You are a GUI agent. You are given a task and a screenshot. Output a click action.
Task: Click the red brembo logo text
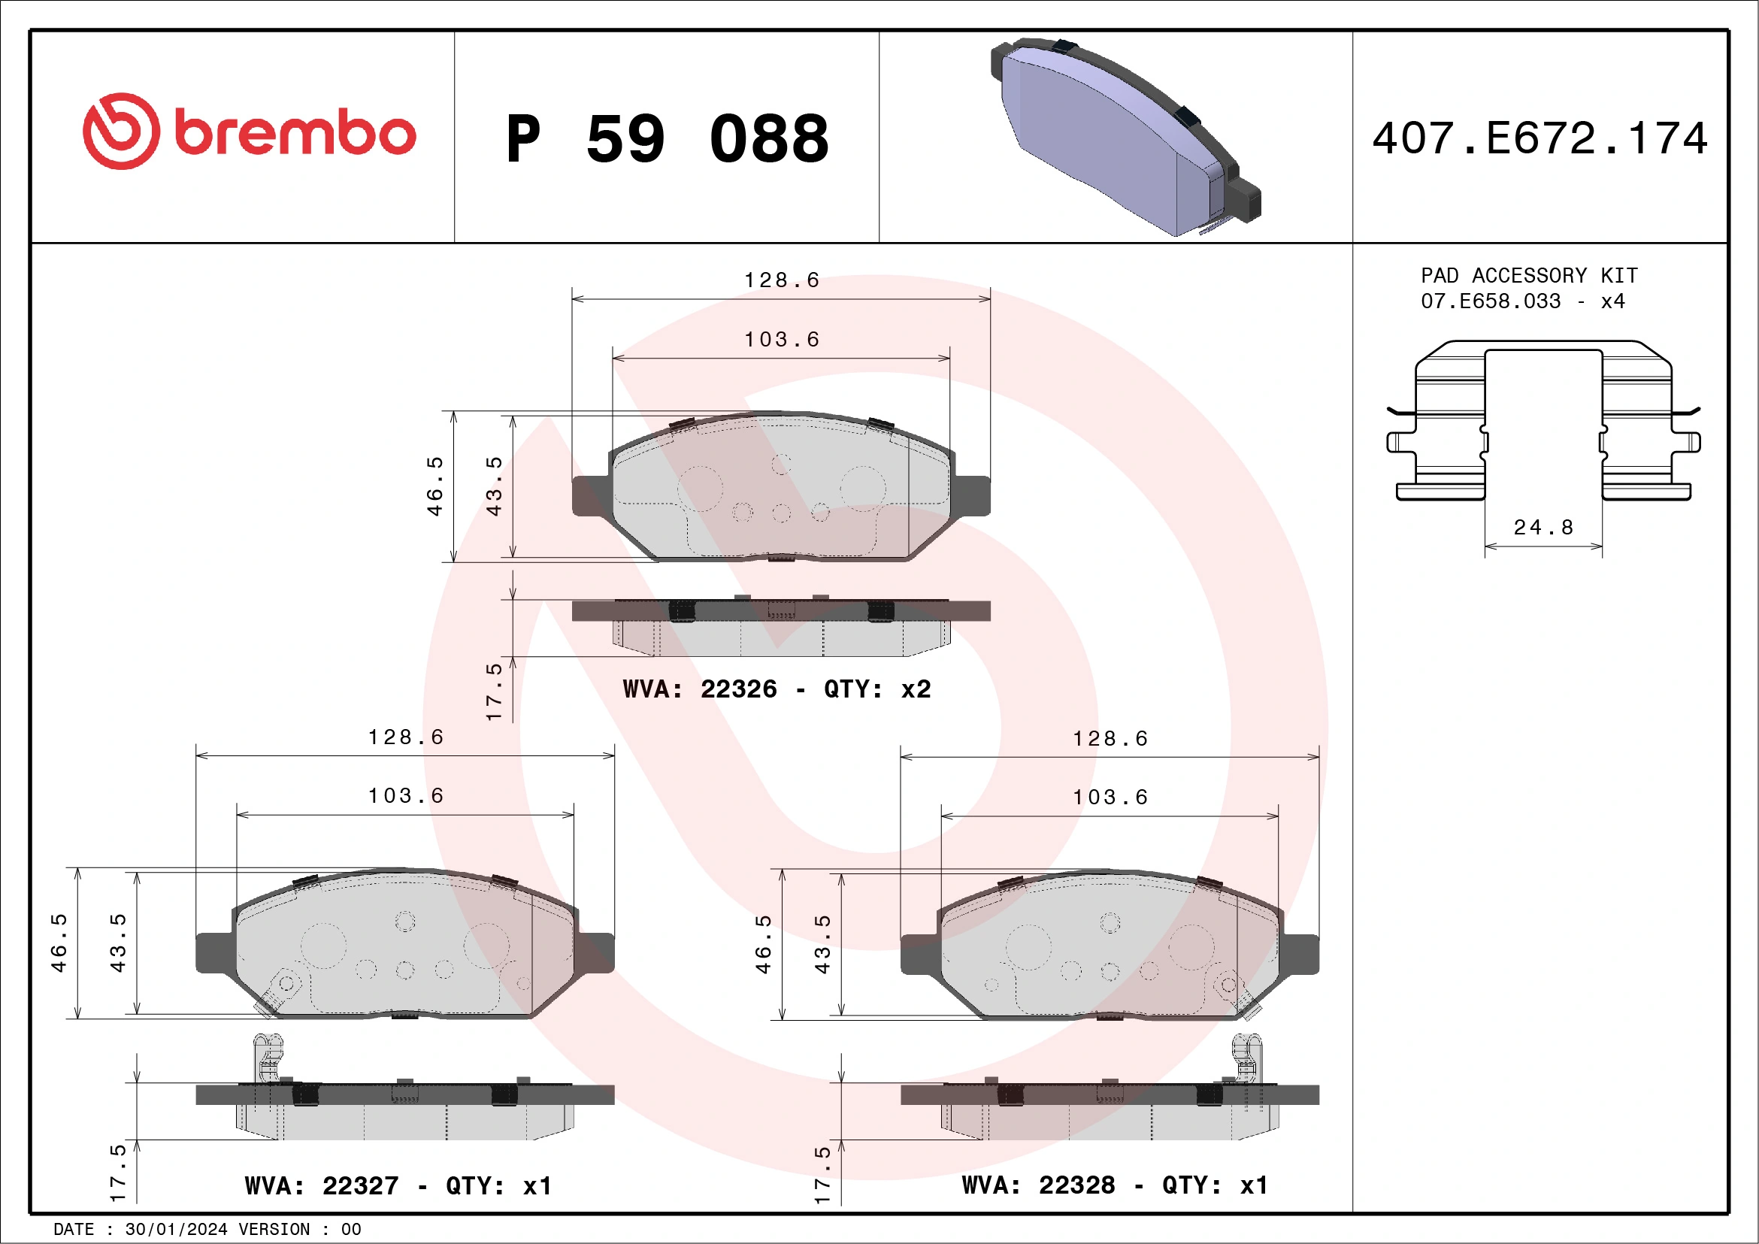coord(295,132)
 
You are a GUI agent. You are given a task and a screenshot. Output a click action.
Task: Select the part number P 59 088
coord(667,139)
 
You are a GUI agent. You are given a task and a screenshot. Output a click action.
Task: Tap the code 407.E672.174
coord(1540,138)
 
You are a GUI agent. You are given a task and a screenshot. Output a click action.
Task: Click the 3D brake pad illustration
coord(1124,136)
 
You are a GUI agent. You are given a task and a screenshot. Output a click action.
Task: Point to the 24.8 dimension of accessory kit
coord(1543,527)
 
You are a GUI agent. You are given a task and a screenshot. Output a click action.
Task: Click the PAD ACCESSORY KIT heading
coord(1528,275)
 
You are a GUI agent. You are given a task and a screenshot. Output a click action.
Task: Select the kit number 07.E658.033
coord(1490,301)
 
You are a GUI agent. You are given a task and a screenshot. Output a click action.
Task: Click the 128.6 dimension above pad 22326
coord(782,280)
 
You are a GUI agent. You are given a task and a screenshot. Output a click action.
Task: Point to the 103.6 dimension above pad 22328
coord(1110,798)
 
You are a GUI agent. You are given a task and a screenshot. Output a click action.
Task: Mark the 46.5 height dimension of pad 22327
coord(59,943)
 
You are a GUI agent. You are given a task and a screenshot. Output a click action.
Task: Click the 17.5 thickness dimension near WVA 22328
coord(822,1174)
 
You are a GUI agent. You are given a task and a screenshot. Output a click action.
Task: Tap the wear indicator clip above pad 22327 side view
coord(268,1057)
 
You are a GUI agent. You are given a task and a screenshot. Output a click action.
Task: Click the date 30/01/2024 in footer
coord(176,1230)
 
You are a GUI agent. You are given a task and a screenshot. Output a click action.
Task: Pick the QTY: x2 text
coord(877,689)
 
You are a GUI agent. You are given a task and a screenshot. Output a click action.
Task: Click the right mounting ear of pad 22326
coord(971,495)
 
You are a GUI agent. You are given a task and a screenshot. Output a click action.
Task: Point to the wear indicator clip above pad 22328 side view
coord(1246,1057)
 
